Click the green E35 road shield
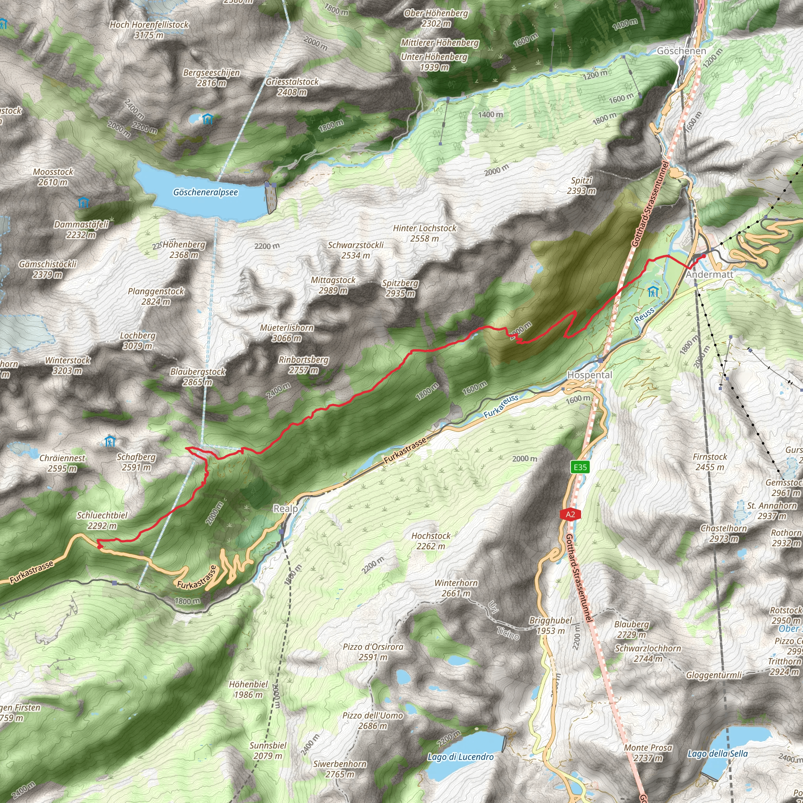point(580,467)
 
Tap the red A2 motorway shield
point(570,514)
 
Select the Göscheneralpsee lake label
point(205,193)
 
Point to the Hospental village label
point(589,375)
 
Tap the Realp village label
point(285,509)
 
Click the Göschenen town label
point(681,51)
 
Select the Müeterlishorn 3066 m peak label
point(287,333)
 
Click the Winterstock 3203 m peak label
point(67,365)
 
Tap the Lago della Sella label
point(718,754)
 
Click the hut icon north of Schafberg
point(110,441)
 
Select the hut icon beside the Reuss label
point(653,292)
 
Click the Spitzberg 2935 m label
point(400,289)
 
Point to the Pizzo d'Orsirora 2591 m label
point(373,652)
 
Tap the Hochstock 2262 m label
point(431,541)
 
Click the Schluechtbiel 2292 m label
point(102,520)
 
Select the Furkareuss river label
point(501,406)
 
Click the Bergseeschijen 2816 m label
point(211,78)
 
